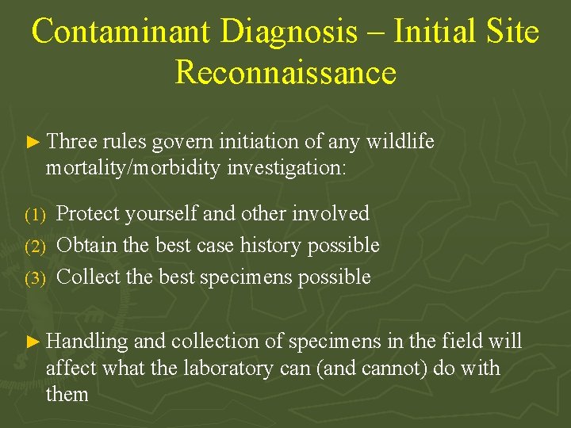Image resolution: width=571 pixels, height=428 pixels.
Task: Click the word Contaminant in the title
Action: pos(121,32)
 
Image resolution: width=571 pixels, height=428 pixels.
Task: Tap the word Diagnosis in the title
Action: pos(289,32)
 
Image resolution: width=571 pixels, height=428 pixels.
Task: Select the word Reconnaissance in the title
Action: pos(285,72)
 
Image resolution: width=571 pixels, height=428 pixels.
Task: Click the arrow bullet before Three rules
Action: pos(33,143)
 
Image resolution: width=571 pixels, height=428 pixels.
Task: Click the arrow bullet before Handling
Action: pos(33,342)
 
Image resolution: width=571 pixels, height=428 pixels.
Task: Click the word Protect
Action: pos(88,213)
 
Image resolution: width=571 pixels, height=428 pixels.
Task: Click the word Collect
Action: pos(88,277)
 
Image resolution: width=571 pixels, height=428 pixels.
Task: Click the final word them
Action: pos(67,394)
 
